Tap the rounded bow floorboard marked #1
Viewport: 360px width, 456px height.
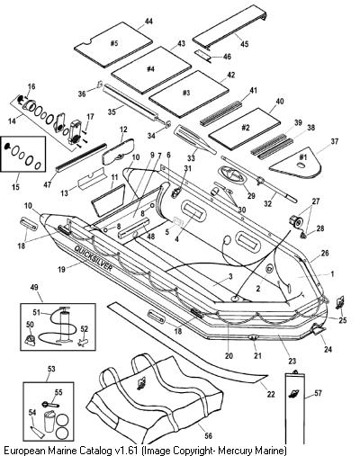[x=296, y=162]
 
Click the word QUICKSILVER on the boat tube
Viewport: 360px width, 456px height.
[x=94, y=259]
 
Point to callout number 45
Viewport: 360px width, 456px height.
[x=245, y=44]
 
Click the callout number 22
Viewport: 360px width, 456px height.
[x=271, y=394]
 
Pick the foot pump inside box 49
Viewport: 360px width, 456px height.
[x=64, y=326]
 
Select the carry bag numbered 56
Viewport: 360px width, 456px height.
[x=156, y=396]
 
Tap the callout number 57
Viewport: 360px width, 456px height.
[x=318, y=393]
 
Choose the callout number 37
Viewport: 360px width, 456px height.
[x=326, y=141]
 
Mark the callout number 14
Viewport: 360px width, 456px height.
[x=12, y=122]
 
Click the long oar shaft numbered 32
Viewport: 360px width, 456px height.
[x=259, y=179]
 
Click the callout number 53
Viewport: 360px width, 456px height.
[x=51, y=368]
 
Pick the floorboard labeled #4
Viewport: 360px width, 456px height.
[x=151, y=69]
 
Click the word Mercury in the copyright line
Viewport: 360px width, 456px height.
[x=240, y=450]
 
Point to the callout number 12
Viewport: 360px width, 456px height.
[x=123, y=130]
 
